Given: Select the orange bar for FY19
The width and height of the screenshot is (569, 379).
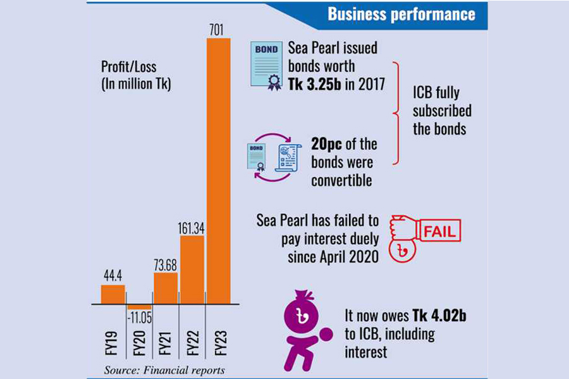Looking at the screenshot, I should [113, 294].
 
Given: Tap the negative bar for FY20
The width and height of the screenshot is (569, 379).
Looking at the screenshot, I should [139, 307].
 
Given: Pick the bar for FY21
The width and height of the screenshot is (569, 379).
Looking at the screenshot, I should [166, 288].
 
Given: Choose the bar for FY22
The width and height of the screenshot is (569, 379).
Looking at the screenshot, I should [192, 270].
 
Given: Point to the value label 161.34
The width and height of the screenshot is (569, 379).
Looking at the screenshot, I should [192, 227].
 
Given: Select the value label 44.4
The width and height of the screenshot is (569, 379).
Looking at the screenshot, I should [113, 276].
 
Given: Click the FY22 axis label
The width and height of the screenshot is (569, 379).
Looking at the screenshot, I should [192, 342].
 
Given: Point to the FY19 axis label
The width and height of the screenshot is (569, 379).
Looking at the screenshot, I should [113, 342].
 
